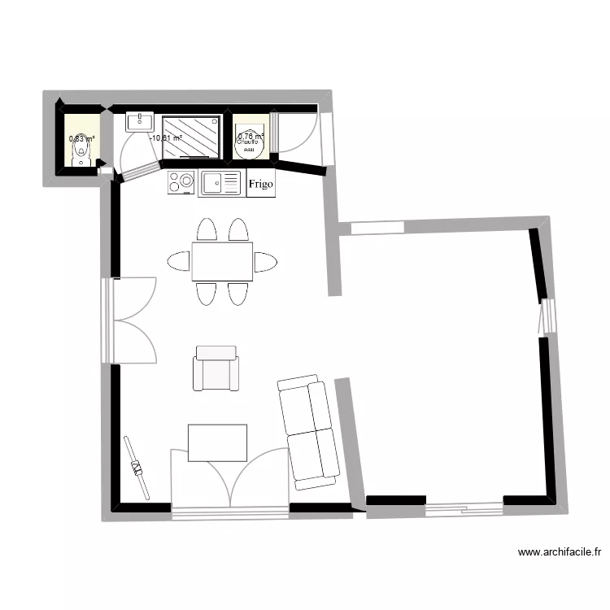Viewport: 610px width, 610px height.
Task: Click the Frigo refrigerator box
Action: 261,183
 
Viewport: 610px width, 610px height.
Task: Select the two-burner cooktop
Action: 182,183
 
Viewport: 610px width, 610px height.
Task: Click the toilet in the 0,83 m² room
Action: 81,155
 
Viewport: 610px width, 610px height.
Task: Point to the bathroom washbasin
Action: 141,122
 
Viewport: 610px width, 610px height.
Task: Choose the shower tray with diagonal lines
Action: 191,135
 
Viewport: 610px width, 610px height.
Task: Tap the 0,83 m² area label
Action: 81,139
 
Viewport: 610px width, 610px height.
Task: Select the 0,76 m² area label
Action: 251,136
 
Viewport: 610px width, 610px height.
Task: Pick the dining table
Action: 222,261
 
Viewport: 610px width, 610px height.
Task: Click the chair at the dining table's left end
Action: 179,261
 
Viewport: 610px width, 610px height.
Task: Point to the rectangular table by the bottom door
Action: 217,442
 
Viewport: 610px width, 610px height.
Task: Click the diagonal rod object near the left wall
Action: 137,468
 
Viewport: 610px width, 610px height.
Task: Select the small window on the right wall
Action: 547,316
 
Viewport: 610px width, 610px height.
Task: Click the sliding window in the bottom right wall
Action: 464,509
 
